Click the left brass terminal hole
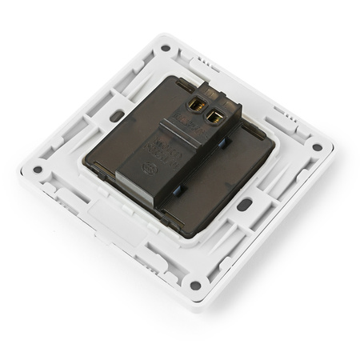coord(194,106)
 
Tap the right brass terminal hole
coord(214,118)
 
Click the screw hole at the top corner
coord(165,48)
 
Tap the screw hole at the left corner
coord(37,170)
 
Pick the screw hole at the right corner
coord(317,147)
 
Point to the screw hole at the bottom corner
coord(195,285)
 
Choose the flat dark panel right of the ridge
coord(228,180)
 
